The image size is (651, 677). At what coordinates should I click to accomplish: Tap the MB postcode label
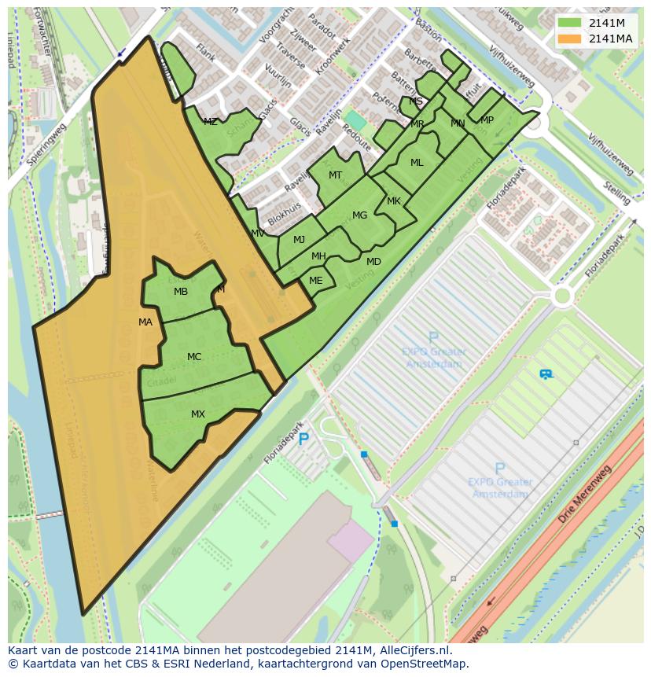[x=181, y=292]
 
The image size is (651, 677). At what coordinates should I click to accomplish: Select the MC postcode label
[x=194, y=357]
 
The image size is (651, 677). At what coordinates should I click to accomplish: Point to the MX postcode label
[x=198, y=414]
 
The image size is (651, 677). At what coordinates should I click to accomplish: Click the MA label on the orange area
[x=145, y=322]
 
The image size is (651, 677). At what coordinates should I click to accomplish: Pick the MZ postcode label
[x=210, y=122]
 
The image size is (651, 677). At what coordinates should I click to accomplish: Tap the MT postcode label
[x=336, y=175]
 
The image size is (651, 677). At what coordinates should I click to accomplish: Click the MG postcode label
[x=359, y=215]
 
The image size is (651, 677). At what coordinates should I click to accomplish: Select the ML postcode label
[x=417, y=163]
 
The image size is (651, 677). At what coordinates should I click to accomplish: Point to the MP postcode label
[x=487, y=120]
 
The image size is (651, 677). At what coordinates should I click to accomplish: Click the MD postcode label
[x=373, y=262]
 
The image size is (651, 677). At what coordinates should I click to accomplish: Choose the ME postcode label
[x=316, y=281]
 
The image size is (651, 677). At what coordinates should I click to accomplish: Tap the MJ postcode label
[x=299, y=240]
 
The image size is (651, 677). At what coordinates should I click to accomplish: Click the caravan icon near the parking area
[x=546, y=374]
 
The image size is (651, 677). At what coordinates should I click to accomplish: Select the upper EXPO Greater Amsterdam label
[x=433, y=358]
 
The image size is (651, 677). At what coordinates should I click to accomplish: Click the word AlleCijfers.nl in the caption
[x=415, y=650]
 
